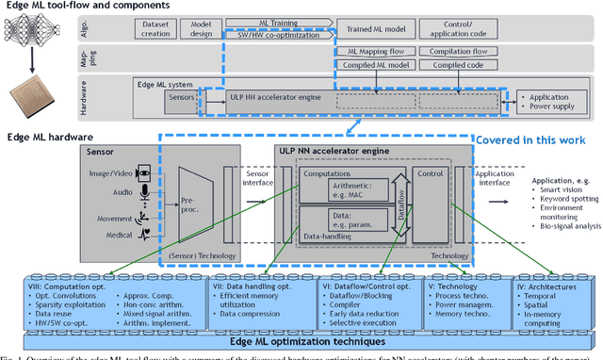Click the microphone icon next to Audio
(x=144, y=191)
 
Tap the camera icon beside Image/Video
(x=144, y=173)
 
